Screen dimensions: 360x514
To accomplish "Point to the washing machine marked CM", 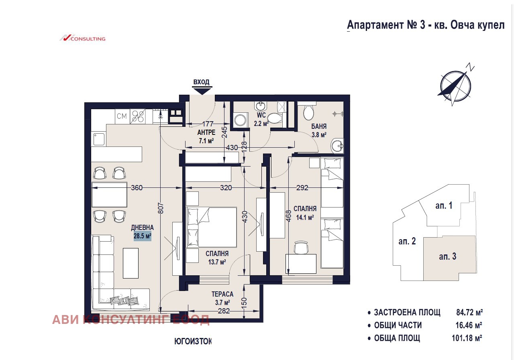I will point(122,116).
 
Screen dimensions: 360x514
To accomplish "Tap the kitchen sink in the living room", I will point(99,139).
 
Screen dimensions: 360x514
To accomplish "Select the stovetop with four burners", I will point(139,116).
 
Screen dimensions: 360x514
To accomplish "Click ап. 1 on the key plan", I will point(444,206).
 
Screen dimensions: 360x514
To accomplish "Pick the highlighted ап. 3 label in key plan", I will point(447,256).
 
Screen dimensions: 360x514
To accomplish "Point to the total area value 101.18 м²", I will point(467,338).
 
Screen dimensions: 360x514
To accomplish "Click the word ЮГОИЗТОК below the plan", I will point(193,342).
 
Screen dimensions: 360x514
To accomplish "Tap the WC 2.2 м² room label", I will point(261,119).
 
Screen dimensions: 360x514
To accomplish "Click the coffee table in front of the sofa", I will point(131,263).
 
